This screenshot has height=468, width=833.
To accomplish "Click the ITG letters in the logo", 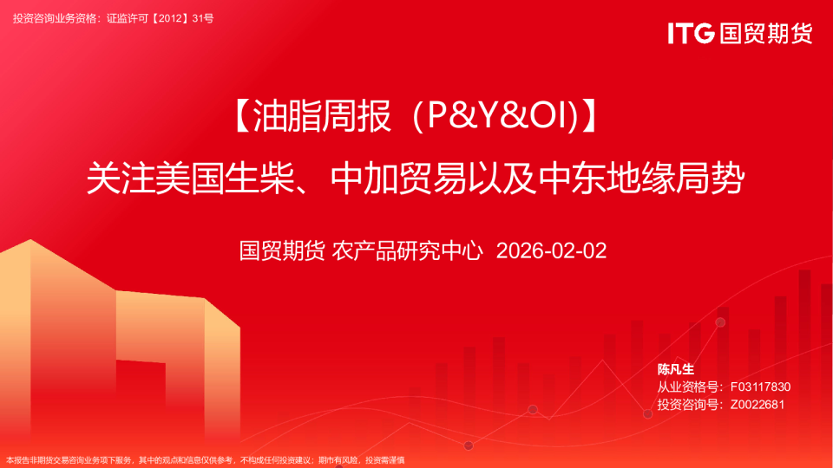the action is tap(691, 33).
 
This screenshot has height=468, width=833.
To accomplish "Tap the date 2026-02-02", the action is tap(551, 251).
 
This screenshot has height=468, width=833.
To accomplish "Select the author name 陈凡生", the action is tap(676, 369).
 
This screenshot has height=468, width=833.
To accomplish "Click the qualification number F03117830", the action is tap(760, 387).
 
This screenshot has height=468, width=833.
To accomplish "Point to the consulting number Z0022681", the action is tap(757, 405).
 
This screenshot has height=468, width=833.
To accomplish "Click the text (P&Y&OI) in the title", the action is tap(495, 115).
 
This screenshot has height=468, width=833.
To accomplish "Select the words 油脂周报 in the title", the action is tap(322, 115).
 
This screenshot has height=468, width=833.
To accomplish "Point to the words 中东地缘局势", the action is tap(641, 179).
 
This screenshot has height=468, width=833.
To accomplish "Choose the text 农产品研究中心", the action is tap(407, 251).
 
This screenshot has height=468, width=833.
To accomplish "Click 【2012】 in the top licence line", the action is tap(170, 18).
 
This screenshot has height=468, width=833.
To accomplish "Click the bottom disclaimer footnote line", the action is tap(205, 460).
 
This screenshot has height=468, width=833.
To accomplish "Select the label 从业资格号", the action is tap(688, 387).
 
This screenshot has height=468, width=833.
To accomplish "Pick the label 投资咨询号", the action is tap(688, 405).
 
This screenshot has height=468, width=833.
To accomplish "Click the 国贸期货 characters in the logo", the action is tap(766, 33).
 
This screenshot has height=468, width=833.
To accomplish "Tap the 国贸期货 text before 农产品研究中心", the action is tap(281, 251).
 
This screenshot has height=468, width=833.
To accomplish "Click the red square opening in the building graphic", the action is tap(141, 393).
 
